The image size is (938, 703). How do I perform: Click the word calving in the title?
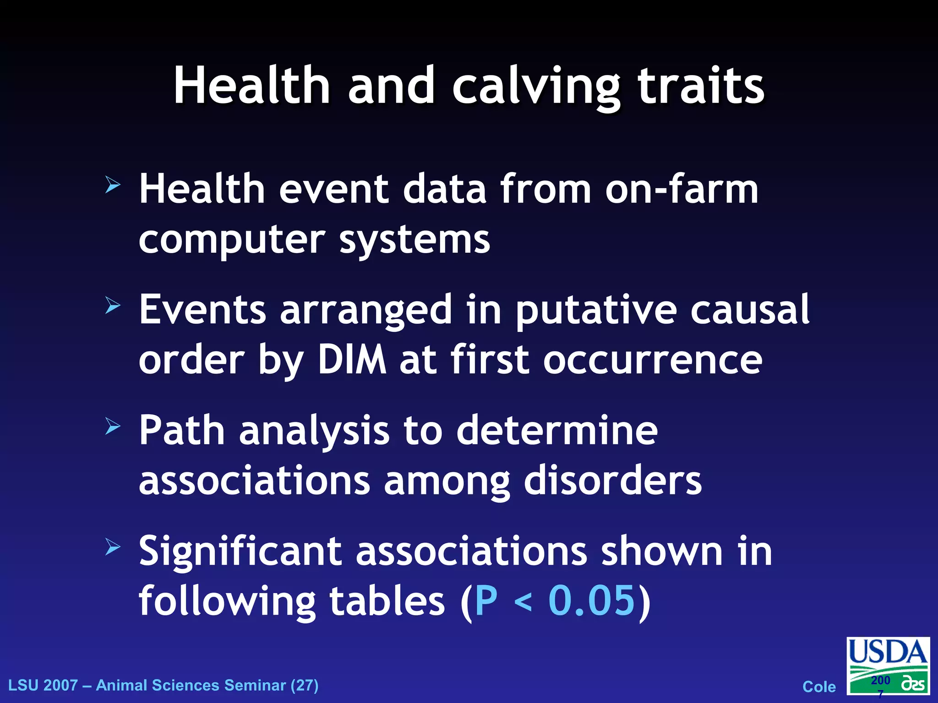pyautogui.click(x=536, y=87)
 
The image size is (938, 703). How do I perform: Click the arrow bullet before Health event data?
pyautogui.click(x=113, y=185)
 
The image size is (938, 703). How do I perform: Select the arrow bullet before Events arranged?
pyautogui.click(x=113, y=305)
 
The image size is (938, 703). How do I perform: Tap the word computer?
pyautogui.click(x=232, y=240)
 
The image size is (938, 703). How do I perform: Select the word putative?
pyautogui.click(x=596, y=310)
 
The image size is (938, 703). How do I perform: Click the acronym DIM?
pyautogui.click(x=352, y=360)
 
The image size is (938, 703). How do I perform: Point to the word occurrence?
pyautogui.click(x=652, y=360)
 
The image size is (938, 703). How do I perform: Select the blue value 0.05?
pyautogui.click(x=591, y=600)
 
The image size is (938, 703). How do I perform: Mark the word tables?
pyautogui.click(x=387, y=600)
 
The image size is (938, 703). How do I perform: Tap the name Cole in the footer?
pyautogui.click(x=819, y=687)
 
